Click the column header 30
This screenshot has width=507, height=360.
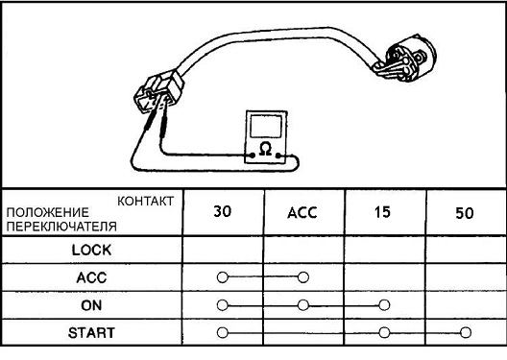click(223, 211)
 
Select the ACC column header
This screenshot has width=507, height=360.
click(302, 212)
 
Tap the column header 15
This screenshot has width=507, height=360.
click(382, 212)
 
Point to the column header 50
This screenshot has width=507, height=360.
click(465, 213)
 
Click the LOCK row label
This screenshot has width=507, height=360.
click(91, 250)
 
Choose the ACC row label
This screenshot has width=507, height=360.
click(91, 277)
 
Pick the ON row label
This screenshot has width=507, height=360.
click(91, 305)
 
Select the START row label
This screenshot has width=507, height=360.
click(91, 333)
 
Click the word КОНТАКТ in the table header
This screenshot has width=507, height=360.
click(146, 201)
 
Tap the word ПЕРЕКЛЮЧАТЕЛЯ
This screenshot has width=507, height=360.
click(61, 227)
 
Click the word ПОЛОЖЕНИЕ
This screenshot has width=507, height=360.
click(48, 212)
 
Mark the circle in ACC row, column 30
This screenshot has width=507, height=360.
click(223, 277)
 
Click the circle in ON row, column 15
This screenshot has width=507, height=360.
click(384, 305)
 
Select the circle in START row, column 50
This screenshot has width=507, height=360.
click(466, 332)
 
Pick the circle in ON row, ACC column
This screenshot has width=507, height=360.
click(303, 305)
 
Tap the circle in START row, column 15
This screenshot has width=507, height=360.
click(384, 332)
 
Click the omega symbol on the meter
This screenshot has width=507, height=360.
click(265, 150)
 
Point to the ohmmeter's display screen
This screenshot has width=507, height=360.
click(266, 127)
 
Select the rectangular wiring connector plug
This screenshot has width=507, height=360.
click(158, 91)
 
